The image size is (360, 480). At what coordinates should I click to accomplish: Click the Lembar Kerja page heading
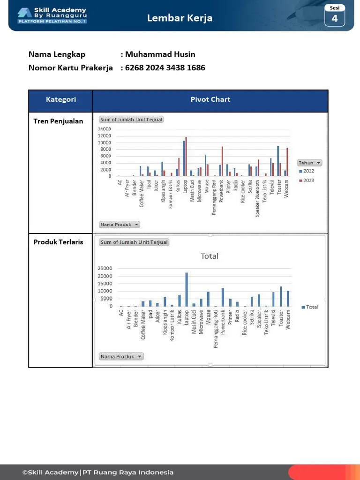point(180,18)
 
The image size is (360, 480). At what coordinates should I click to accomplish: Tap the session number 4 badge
point(335,18)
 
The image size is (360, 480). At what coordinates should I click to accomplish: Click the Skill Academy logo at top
point(52,15)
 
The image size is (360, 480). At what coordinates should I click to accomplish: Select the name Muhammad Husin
point(160,54)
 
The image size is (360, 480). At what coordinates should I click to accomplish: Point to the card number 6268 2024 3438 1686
point(165,68)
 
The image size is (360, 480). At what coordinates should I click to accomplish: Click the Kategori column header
point(61,99)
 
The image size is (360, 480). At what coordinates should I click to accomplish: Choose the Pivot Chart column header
point(210,99)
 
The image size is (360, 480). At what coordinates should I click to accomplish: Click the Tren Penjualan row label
point(58,121)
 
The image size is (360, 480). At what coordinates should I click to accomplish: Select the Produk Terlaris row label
point(58,242)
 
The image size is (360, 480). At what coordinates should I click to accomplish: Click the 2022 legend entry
point(307,172)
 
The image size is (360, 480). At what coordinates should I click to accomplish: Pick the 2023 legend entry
point(307,180)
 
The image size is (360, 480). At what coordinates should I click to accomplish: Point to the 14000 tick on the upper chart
point(105,129)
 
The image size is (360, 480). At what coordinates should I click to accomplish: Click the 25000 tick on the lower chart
point(105,269)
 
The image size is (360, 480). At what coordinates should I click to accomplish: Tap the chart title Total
point(210,256)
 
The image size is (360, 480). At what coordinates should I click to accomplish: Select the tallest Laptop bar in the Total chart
point(187,289)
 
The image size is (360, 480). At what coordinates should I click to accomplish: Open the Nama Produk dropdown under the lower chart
point(121,357)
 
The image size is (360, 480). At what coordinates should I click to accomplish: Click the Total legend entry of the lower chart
point(310,307)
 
